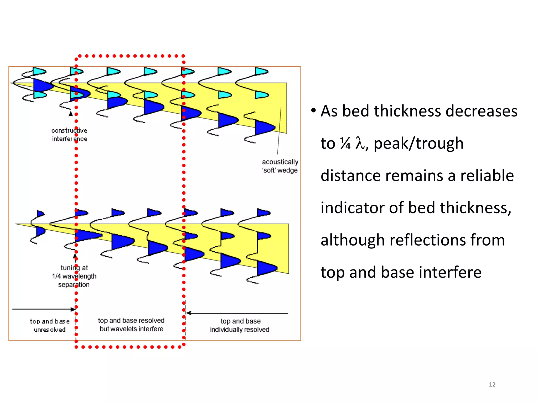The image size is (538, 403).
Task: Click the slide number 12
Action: point(492,384)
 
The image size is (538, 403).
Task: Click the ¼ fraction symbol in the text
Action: point(345,143)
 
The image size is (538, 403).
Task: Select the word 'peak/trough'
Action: point(418,144)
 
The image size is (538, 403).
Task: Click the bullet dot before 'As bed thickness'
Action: point(313,110)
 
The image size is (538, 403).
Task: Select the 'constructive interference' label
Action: point(69,135)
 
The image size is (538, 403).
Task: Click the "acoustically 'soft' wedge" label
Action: point(280,166)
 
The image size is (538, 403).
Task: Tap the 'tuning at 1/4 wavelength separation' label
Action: point(74,276)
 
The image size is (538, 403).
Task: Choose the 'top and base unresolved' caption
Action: point(50,325)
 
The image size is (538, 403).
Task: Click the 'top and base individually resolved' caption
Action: point(240,325)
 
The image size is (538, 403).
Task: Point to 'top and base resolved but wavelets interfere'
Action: point(131,325)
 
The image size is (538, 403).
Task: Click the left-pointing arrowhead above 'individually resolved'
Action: point(188,313)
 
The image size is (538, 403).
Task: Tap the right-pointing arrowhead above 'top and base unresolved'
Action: point(73,309)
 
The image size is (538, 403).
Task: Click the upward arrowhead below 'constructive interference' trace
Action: point(71,114)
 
